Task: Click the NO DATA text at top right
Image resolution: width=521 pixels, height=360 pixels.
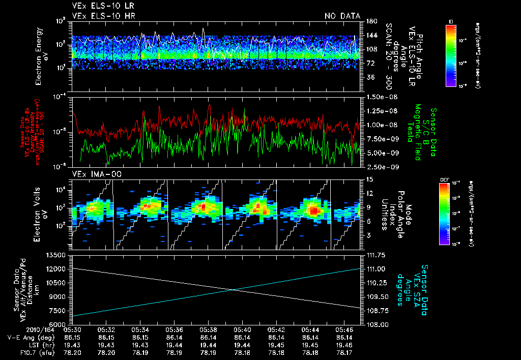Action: click(x=342, y=16)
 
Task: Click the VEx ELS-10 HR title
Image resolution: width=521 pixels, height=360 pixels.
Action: click(x=100, y=16)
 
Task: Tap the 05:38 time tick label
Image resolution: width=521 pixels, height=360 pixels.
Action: click(x=209, y=329)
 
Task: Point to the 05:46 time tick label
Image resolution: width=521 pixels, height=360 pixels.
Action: click(x=345, y=329)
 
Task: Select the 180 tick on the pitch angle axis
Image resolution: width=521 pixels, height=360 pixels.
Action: click(x=370, y=21)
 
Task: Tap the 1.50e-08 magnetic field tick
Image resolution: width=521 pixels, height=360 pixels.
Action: click(x=380, y=97)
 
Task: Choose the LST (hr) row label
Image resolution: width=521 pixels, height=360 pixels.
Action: click(x=21, y=344)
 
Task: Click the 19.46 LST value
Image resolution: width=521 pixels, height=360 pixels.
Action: click(x=345, y=344)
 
